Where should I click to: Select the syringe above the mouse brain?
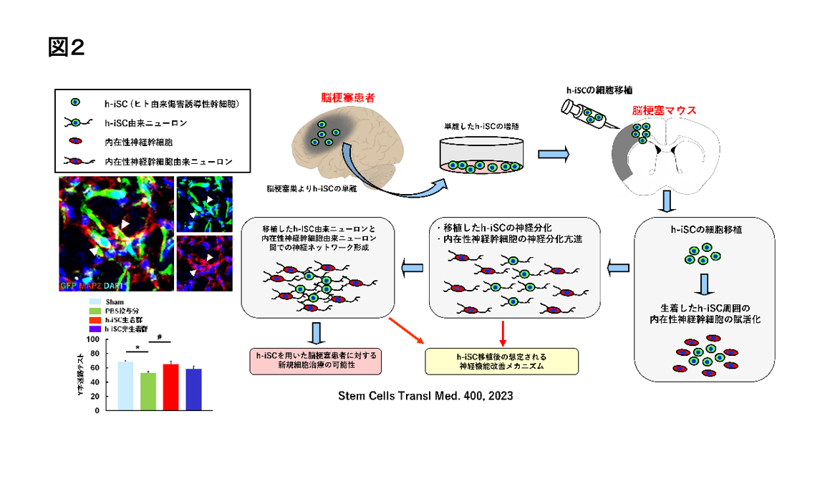click(x=584, y=115)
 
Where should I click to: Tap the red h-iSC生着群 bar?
click(x=170, y=387)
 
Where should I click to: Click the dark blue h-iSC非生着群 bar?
click(x=193, y=390)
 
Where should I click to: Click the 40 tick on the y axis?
click(x=95, y=382)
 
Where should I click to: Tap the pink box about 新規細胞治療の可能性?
click(x=316, y=360)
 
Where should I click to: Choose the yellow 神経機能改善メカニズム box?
click(x=501, y=360)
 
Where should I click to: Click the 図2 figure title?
click(x=67, y=47)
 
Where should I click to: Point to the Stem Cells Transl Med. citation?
click(x=426, y=395)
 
